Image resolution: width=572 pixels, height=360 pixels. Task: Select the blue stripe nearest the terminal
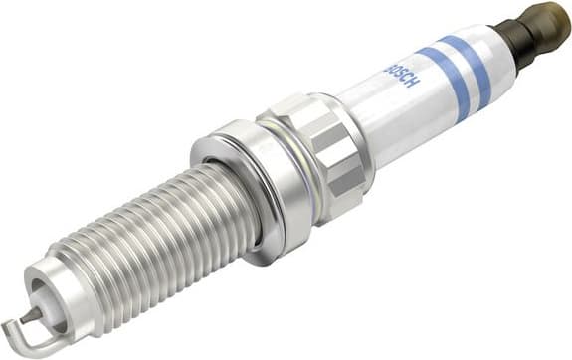coord(465,63)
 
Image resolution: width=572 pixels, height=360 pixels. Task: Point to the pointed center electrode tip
coord(38,311)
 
